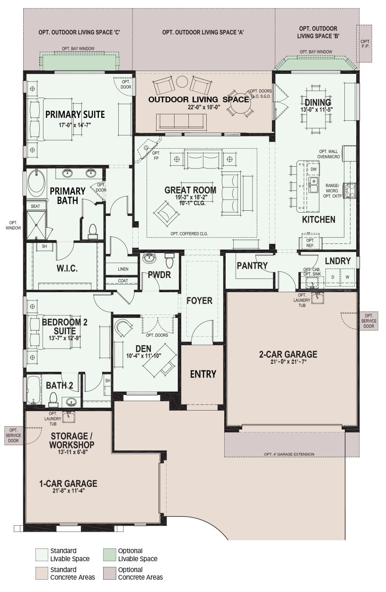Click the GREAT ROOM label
[x=190, y=190]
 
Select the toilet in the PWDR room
[x=169, y=260]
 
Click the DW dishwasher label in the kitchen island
[x=313, y=169]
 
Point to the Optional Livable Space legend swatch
[x=109, y=555]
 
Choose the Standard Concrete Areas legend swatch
[x=42, y=573]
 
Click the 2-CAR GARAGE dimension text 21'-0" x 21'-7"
[x=288, y=361]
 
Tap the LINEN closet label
[x=123, y=269]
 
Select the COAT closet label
[x=123, y=281]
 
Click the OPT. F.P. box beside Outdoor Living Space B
[x=365, y=44]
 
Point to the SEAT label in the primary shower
[x=35, y=206]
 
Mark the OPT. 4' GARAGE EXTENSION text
[x=289, y=454]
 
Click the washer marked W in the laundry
[x=347, y=277]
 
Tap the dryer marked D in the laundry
[x=333, y=277]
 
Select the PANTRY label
[x=252, y=266]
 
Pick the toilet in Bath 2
[x=53, y=399]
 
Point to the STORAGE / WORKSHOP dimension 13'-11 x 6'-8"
[x=72, y=452]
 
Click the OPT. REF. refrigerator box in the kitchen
[x=310, y=243]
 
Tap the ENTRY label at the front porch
[x=203, y=374]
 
